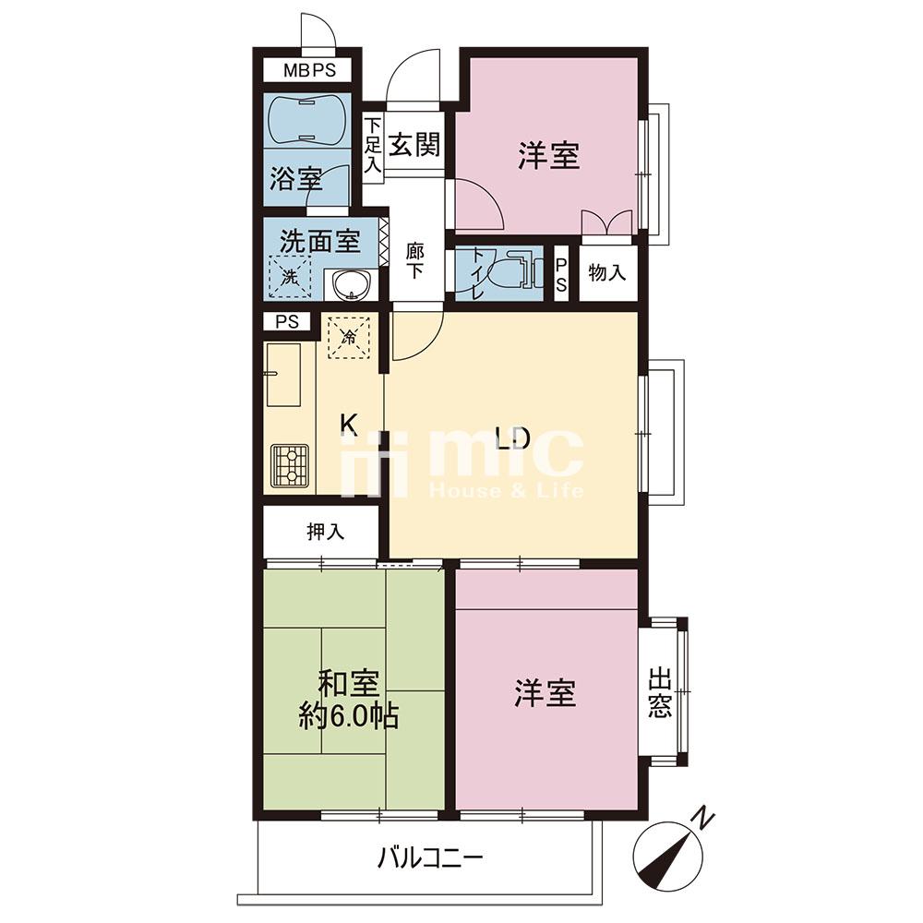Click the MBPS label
pos(309,71)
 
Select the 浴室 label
pos(296,178)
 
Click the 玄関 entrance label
pos(415,144)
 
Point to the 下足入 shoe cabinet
pos(372,147)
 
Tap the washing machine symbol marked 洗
pos(290,275)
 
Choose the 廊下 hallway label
pos(415,262)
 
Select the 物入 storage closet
pos(608,273)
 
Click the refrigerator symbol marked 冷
pos(349,337)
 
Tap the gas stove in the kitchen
pos(289,464)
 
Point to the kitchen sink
pos(283,375)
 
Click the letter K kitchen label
pos(350,425)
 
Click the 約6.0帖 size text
pos(349,717)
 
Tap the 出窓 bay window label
pos(660,692)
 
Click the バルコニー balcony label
pos(430,858)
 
